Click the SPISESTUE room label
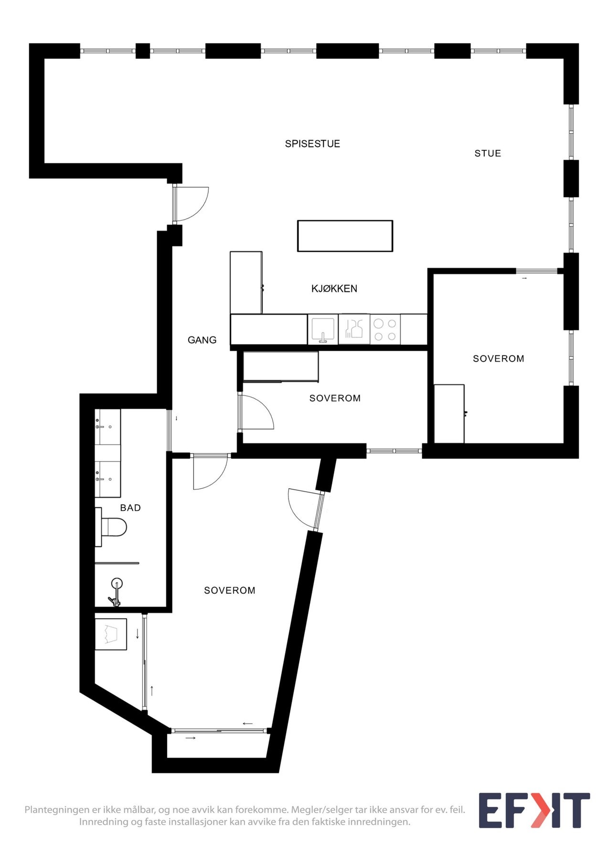coord(312,144)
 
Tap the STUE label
coord(488,153)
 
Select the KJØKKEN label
coord(334,289)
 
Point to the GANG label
coord(202,340)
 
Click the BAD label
coord(130,508)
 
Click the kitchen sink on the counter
coord(323,329)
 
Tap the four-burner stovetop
coord(385,330)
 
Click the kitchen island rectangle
coord(345,236)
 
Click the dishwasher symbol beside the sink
coord(354,329)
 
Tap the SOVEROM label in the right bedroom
coord(498,359)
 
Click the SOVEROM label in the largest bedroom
coord(230,591)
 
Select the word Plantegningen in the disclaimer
coord(57,810)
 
